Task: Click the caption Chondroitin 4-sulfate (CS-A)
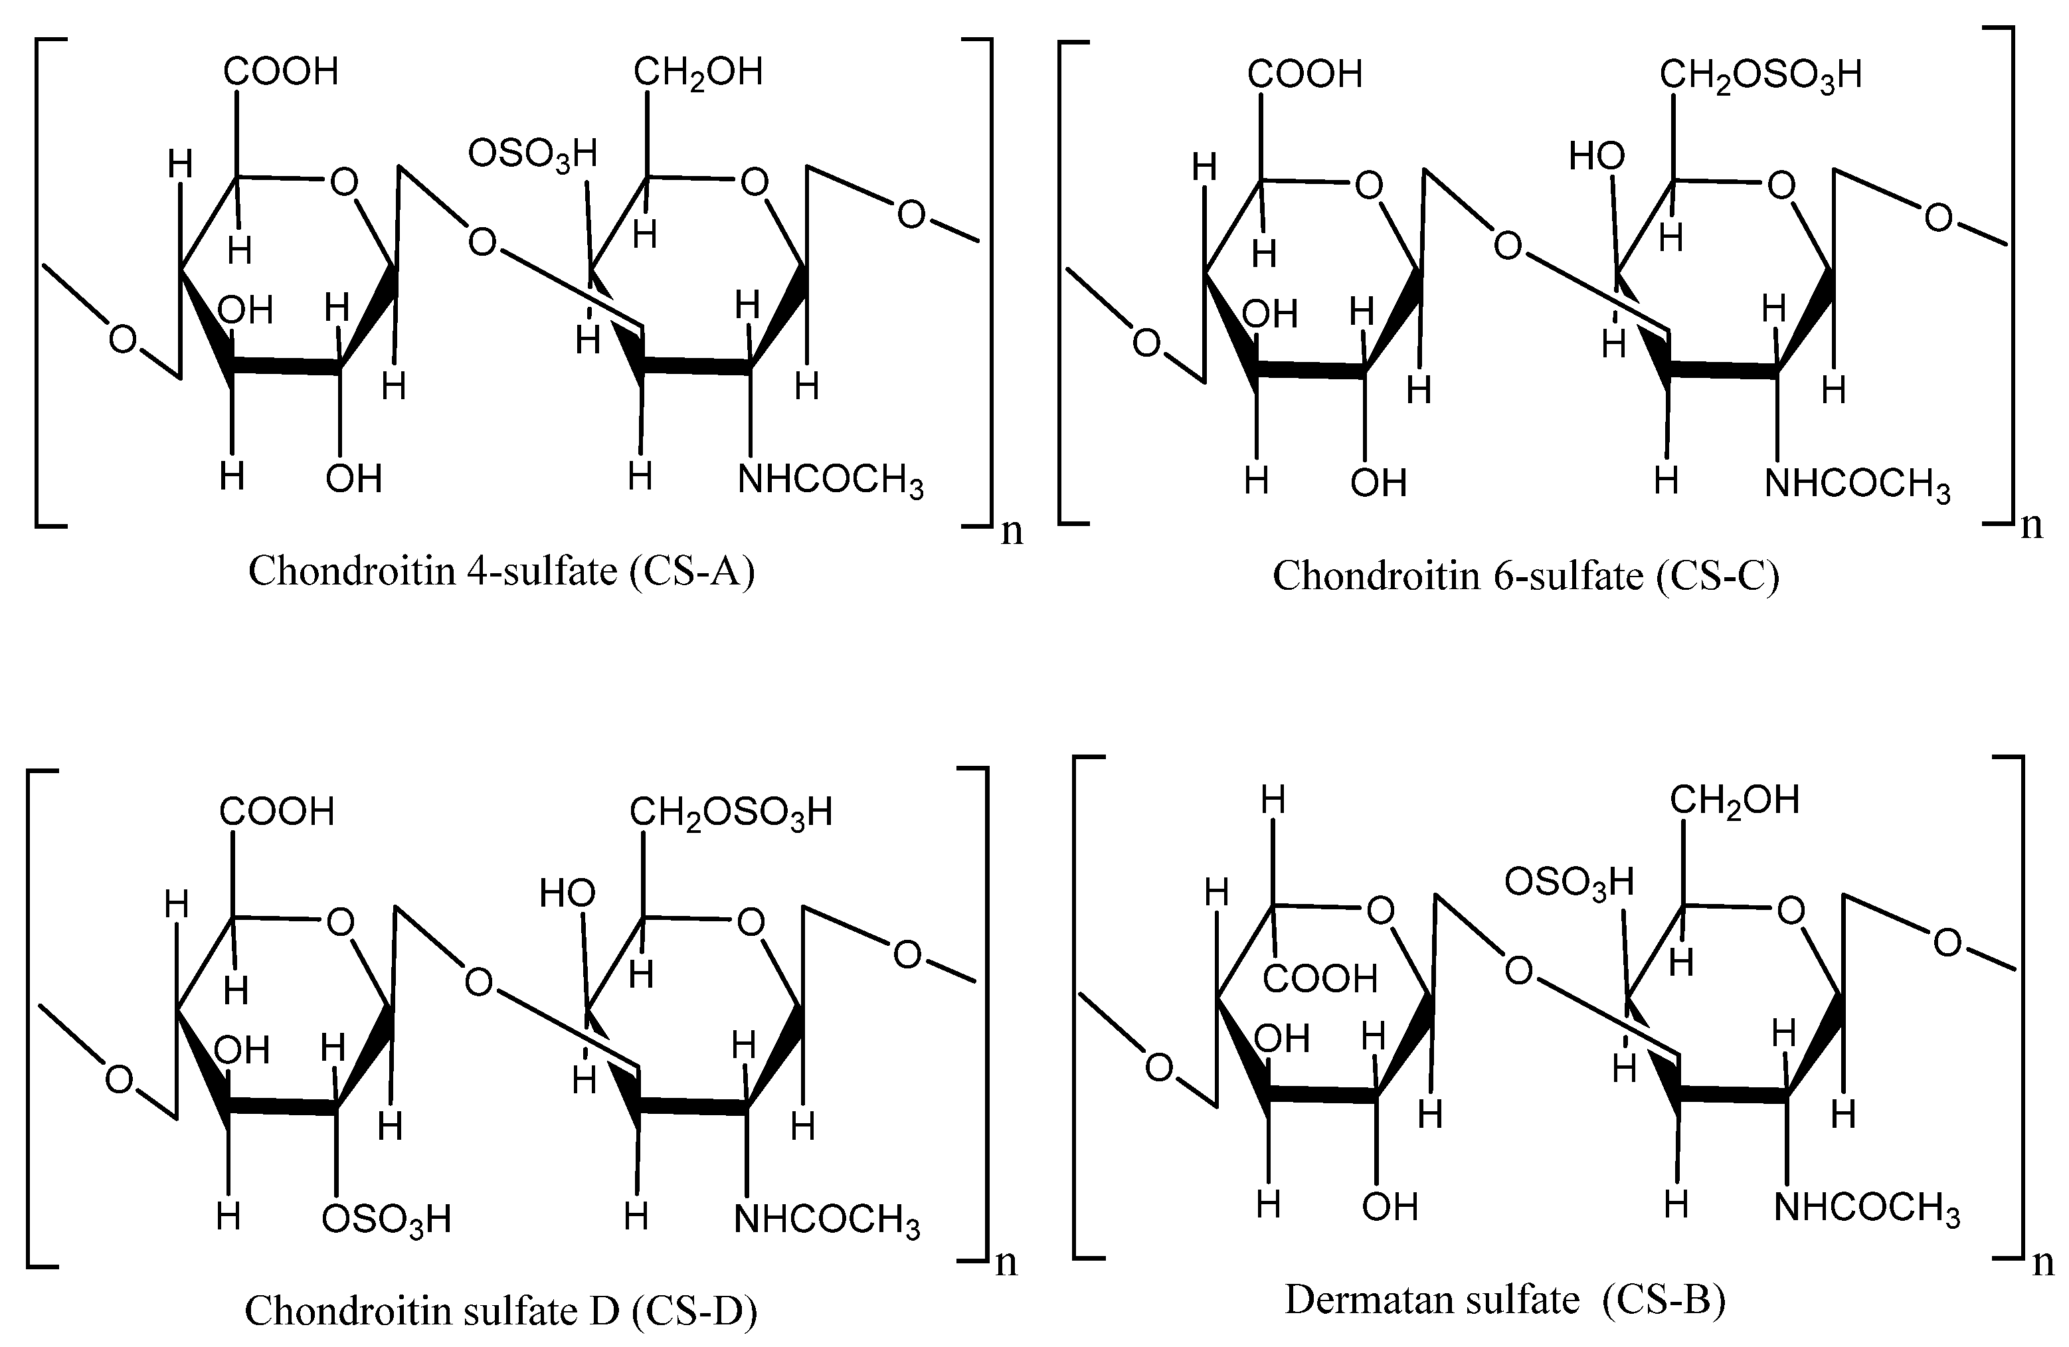[501, 572]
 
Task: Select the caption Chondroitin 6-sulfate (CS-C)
[1526, 576]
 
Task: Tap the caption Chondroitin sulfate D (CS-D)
[501, 1310]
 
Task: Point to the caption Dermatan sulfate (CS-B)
[1505, 1299]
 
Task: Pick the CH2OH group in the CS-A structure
[698, 73]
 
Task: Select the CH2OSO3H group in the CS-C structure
[1760, 76]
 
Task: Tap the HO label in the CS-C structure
[1596, 157]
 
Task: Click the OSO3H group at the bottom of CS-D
[386, 1219]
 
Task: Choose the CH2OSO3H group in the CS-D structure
[730, 813]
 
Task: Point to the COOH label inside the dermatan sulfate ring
[1320, 979]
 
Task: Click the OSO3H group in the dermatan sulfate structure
[1569, 883]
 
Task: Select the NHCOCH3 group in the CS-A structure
[830, 480]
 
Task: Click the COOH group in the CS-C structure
[1305, 75]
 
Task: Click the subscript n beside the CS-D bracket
[1006, 1262]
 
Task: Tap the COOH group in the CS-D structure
[276, 812]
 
